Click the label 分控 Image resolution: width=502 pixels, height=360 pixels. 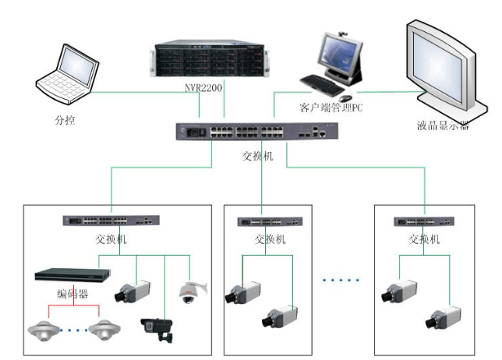(x=65, y=121)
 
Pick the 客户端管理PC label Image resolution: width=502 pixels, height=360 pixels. (x=331, y=108)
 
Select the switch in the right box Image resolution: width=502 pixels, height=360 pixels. (x=421, y=221)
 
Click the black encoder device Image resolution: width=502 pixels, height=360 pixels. (x=71, y=276)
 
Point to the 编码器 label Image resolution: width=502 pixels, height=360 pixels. (x=72, y=294)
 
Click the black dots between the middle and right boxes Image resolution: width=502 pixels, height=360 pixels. (x=341, y=278)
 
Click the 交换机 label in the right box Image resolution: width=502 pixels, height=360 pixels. (x=426, y=239)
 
